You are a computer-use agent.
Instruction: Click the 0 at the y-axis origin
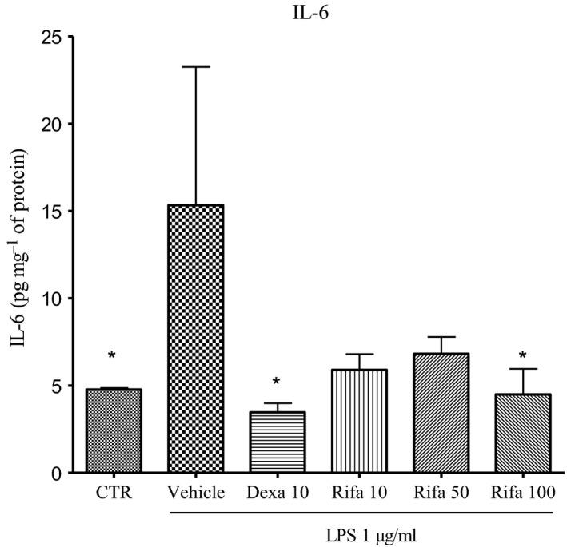point(58,473)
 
